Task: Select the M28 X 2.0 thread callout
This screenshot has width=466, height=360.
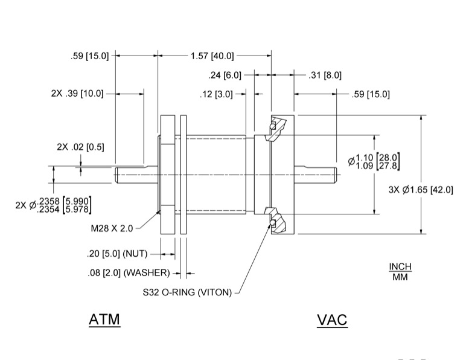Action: pos(109,229)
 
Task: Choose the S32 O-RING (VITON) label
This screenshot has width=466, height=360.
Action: pos(187,293)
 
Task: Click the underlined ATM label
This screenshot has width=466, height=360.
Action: pos(104,320)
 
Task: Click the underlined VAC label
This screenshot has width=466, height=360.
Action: pos(332,320)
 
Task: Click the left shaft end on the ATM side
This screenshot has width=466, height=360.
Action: pos(117,175)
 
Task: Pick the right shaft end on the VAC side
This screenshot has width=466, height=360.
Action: pos(333,175)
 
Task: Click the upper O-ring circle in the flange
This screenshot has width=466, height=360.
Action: pos(272,126)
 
